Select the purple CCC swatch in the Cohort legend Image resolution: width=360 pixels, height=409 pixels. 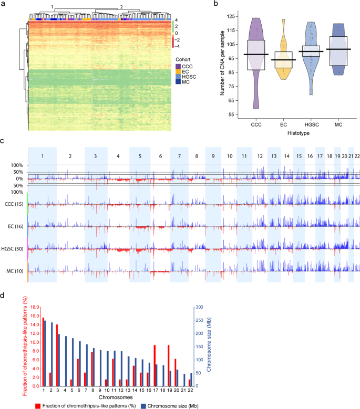coord(178,66)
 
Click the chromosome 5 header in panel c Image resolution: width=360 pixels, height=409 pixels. coord(139,156)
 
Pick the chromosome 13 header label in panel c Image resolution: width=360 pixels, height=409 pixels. coord(273,156)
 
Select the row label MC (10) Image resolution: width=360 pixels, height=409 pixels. coord(17,271)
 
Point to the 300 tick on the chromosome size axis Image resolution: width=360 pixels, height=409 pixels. coord(200,307)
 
